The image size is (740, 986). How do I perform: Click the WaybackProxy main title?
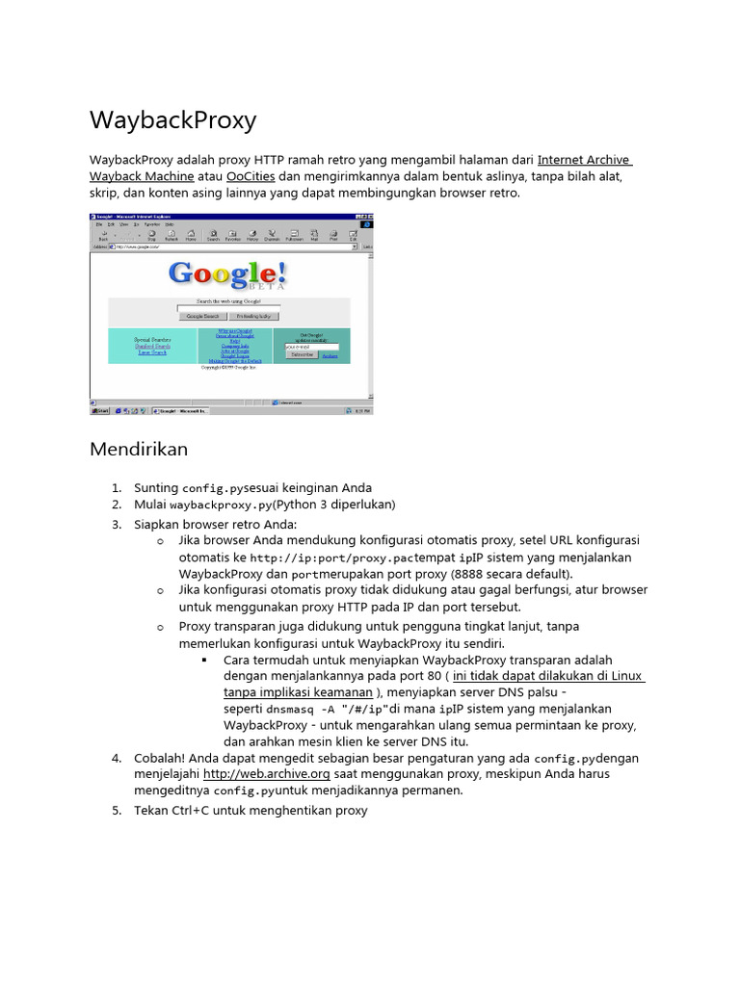[x=172, y=120]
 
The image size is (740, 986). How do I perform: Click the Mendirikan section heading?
[x=139, y=449]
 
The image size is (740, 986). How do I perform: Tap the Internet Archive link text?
[x=583, y=160]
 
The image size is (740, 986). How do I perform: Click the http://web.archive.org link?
[x=267, y=774]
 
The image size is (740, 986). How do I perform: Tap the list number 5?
[x=116, y=811]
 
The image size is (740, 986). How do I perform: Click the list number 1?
[x=116, y=488]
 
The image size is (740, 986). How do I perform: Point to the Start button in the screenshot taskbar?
[x=100, y=410]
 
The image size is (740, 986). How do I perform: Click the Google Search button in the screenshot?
[x=202, y=316]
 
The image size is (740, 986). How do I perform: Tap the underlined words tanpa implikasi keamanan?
[x=298, y=691]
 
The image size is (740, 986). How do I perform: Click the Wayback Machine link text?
[x=142, y=177]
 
